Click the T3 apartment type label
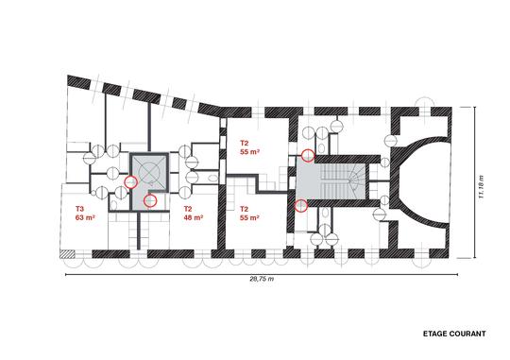point(79,208)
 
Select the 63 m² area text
point(85,217)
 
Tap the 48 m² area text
point(194,217)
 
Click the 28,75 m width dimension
point(262,279)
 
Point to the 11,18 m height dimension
point(481,186)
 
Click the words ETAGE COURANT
point(454,334)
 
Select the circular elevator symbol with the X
point(149,171)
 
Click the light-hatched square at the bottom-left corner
point(68,254)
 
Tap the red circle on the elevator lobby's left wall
point(131,182)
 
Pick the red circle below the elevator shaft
point(150,201)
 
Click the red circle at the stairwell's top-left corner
point(308,156)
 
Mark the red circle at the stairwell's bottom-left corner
point(301,205)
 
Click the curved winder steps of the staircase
point(356,180)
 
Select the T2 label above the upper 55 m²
point(245,143)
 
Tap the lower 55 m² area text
point(249,217)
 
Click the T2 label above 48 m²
point(188,208)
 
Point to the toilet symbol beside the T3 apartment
point(113,205)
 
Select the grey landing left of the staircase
point(308,180)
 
